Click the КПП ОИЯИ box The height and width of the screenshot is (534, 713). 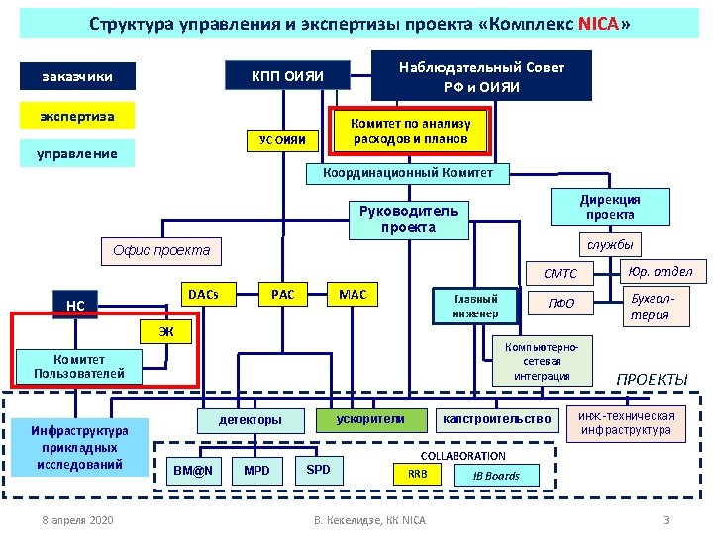pos(287,75)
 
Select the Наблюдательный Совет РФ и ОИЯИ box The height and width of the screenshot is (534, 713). pos(481,76)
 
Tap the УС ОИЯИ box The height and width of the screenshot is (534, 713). pos(282,141)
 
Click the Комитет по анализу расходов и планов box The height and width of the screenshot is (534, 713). pos(411,132)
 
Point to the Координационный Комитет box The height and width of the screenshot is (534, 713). pos(407,173)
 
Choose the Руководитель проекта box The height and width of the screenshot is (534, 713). pos(407,219)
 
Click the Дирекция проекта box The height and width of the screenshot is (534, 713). pos(610,207)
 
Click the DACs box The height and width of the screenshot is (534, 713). pos(203,294)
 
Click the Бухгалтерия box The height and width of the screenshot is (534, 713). pos(650,307)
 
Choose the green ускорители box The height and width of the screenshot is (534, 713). pos(370,418)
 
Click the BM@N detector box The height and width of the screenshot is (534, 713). pos(193,470)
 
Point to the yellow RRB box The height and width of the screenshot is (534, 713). pos(418,475)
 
